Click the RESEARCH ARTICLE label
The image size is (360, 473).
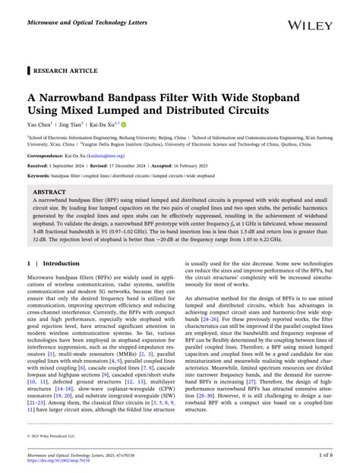pyautogui.click(x=64, y=71)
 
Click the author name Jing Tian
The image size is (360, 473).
pyautogui.click(x=77, y=123)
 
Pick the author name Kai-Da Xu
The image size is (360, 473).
pyautogui.click(x=111, y=123)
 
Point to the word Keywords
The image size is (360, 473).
pyautogui.click(x=39, y=175)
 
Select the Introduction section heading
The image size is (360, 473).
pyautogui.click(x=61, y=263)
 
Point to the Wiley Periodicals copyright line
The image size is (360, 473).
pyautogui.click(x=53, y=437)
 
